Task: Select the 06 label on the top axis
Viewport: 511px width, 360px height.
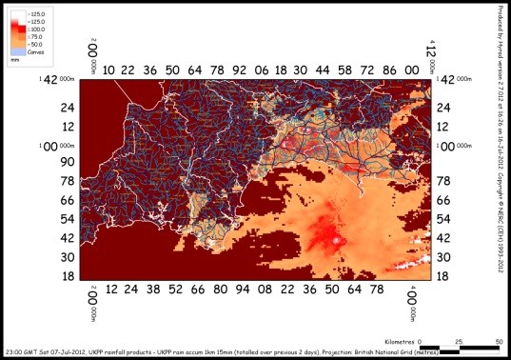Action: pos(260,70)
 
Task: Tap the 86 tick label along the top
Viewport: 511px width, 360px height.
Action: pos(390,70)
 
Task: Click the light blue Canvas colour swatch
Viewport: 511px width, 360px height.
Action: pos(19,50)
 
